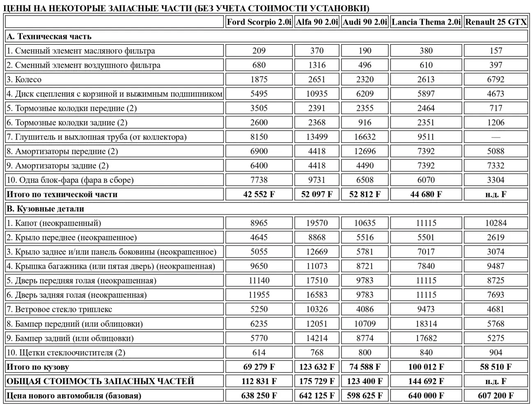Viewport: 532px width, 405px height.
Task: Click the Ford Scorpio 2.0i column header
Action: coord(259,22)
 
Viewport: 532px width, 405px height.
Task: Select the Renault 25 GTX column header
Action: coord(495,22)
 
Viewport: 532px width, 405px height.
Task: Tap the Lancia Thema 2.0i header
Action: coord(426,22)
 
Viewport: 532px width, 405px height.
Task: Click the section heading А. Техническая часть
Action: coord(49,37)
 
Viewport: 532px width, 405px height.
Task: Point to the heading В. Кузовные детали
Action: coord(45,209)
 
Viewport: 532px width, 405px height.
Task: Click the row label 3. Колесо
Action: coord(24,80)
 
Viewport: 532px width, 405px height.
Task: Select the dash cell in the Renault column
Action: coord(495,137)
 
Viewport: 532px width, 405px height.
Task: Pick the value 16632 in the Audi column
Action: coord(365,137)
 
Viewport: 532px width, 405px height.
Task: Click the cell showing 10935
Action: coord(316,94)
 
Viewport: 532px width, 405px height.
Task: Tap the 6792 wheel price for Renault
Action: coord(495,80)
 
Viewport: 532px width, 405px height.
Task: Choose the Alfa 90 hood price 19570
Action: coord(316,223)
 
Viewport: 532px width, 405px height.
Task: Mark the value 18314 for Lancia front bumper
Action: coord(426,324)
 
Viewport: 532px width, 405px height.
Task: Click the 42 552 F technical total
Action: coord(259,194)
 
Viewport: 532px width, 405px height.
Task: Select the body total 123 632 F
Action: coord(316,367)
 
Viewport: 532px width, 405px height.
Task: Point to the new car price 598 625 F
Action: coord(365,396)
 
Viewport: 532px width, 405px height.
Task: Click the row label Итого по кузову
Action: coord(38,367)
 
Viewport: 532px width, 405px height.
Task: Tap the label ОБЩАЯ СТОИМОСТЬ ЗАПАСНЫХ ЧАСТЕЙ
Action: coord(100,381)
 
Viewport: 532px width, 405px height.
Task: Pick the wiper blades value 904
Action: coord(495,352)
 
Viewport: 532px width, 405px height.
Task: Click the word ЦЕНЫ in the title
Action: coord(15,8)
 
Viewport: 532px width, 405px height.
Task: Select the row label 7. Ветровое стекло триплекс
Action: coord(59,309)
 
